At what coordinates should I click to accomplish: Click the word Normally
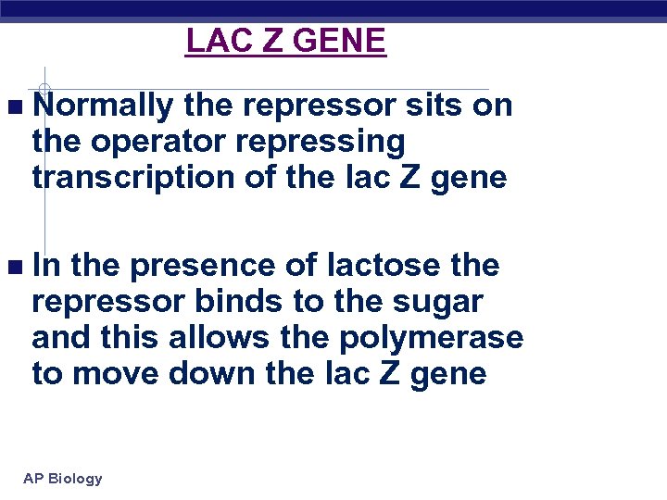(103, 106)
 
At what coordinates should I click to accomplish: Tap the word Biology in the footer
(76, 479)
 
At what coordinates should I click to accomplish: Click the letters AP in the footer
(33, 479)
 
